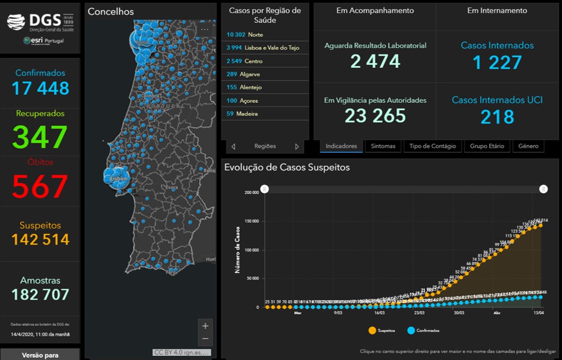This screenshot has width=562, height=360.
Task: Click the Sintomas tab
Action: (x=383, y=146)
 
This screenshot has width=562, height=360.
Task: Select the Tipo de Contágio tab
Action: (x=433, y=146)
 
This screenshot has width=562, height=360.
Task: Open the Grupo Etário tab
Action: (x=487, y=146)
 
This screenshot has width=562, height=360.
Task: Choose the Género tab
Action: (x=528, y=146)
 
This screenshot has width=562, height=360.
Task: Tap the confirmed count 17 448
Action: (x=40, y=88)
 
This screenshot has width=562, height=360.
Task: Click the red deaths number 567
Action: (x=40, y=187)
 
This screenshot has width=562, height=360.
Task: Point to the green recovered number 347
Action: (x=40, y=137)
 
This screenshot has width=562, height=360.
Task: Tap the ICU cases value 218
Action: (x=497, y=117)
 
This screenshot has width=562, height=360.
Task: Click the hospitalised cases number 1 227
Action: (x=497, y=62)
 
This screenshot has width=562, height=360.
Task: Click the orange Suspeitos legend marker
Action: (x=373, y=331)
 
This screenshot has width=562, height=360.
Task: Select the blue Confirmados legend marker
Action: (x=412, y=331)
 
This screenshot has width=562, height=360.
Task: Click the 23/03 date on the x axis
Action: (x=418, y=313)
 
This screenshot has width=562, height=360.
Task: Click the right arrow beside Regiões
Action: (x=297, y=146)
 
